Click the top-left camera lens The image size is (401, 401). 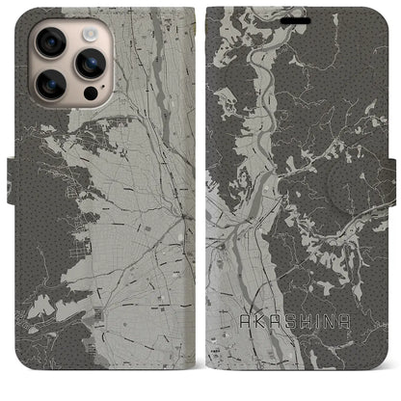[x=50, y=42]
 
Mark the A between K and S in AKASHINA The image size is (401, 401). [x=271, y=340]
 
